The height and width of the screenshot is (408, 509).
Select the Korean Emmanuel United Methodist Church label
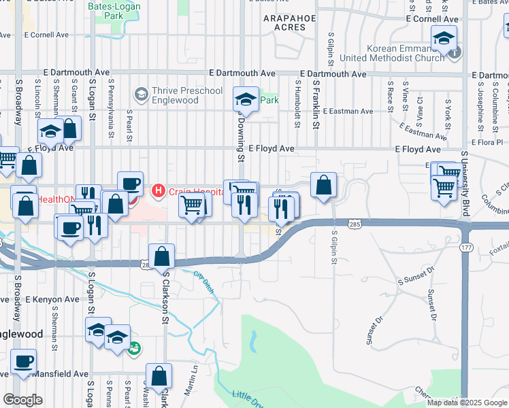pyautogui.click(x=400, y=54)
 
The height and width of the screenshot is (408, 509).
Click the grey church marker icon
pyautogui.click(x=455, y=52)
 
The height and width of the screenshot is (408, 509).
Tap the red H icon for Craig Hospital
pyautogui.click(x=159, y=190)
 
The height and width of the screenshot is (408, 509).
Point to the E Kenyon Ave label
pyautogui.click(x=40, y=299)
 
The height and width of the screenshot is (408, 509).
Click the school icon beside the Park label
pyautogui.click(x=246, y=100)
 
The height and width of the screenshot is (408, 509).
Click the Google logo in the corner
pyautogui.click(x=22, y=400)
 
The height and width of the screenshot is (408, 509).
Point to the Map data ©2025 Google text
pyautogui.click(x=467, y=403)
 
